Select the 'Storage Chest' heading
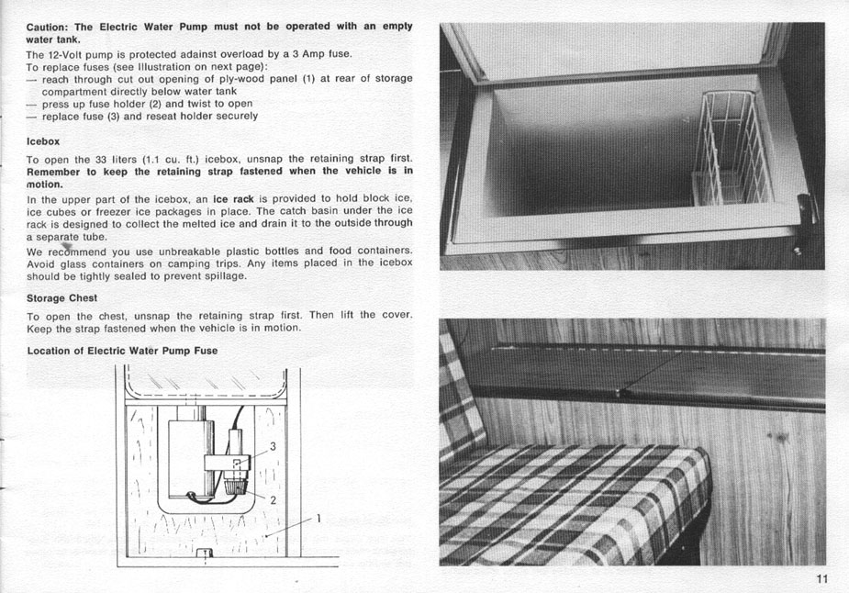pos(62,298)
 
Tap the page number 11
pos(821,577)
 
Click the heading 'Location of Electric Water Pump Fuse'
pos(122,351)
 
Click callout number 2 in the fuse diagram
pos(273,500)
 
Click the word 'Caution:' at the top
pos(48,26)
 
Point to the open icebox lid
pos(615,50)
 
